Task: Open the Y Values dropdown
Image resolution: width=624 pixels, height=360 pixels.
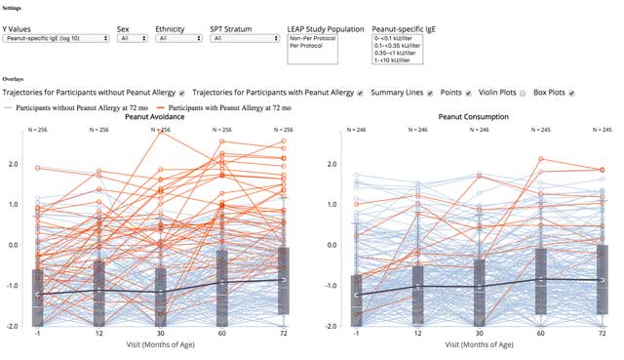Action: [55, 39]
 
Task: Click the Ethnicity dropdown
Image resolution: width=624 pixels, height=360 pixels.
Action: [175, 39]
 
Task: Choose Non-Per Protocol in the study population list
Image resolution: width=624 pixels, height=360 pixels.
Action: [312, 39]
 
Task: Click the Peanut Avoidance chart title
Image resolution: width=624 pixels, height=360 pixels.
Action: [161, 116]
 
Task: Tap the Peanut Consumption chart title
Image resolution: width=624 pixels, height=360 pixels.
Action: [477, 116]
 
